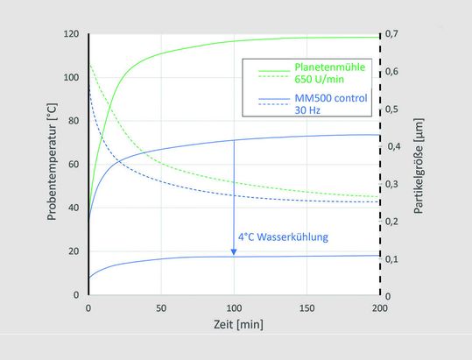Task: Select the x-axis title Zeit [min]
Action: coord(233,324)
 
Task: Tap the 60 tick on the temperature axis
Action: coord(73,164)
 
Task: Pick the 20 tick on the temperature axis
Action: coord(73,251)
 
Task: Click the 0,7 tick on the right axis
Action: coord(397,34)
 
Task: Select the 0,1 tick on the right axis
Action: coord(397,258)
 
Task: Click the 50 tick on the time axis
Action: coord(160,308)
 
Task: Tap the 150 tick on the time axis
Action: coord(306,308)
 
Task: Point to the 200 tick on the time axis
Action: coord(379,308)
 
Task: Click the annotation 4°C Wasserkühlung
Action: coord(283,236)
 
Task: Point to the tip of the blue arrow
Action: coord(234,255)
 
